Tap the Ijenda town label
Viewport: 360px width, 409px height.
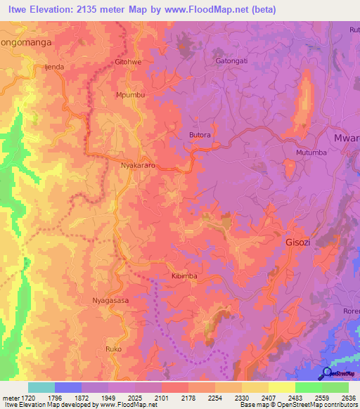pos(54,67)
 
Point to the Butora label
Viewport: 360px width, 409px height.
pos(200,135)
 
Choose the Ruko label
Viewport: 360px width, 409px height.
pos(113,349)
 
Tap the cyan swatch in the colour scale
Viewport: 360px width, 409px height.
pos(41,387)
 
